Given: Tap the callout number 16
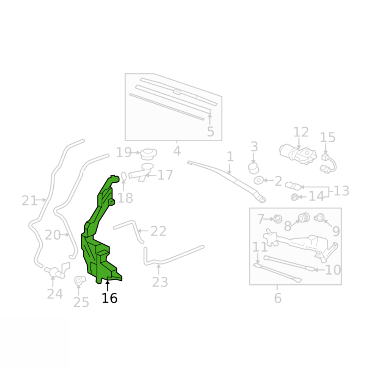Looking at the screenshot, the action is pos(110,298).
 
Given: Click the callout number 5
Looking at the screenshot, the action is pos(210,132).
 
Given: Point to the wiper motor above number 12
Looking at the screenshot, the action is pos(298,154).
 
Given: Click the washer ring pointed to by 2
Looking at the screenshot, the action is pos(259,181).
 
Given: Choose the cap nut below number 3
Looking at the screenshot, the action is pos(253,168).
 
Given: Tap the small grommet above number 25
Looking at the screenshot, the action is pos(79,280).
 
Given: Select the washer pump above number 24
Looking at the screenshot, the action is pos(58,270).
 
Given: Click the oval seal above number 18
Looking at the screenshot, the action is pos(124,176).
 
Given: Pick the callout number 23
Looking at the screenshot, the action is pos(160,282).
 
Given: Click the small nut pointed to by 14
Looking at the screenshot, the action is pos(294,197).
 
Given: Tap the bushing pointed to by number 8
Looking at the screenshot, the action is pos(303,217).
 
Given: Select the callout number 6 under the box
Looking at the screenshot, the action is pos(278,298).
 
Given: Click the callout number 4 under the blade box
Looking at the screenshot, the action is pos(177,151).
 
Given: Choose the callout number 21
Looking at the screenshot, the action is pos(30,201).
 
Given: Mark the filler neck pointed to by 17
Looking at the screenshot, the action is pos(141,173).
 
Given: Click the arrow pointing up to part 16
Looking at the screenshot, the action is pos(107,285).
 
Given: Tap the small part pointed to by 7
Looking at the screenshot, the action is pos(278,219).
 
